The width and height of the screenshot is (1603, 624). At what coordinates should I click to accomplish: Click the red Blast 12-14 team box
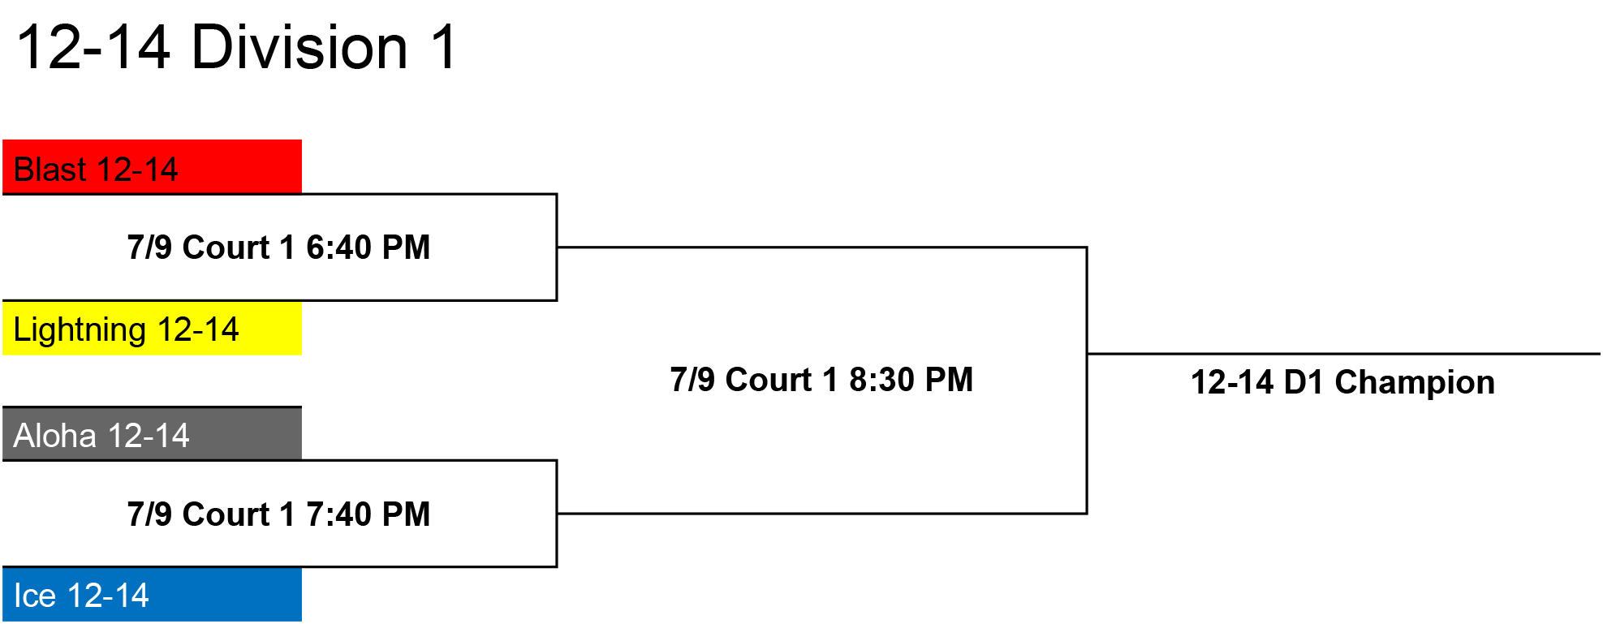(x=152, y=167)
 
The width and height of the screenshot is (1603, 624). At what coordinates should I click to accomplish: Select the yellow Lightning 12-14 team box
(x=152, y=328)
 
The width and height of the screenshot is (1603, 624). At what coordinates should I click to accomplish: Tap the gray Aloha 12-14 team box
(x=152, y=434)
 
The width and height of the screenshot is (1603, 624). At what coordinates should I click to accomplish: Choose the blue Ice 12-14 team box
(x=152, y=595)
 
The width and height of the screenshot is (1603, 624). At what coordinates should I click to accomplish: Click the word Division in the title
(x=299, y=46)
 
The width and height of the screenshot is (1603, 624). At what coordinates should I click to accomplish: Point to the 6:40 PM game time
(x=368, y=247)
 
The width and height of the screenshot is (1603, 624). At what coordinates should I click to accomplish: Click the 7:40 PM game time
(x=368, y=514)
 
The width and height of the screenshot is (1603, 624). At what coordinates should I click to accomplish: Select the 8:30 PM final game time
(x=911, y=379)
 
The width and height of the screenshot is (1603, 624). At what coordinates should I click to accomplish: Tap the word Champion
(x=1415, y=381)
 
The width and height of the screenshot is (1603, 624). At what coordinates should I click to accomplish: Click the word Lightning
(x=80, y=330)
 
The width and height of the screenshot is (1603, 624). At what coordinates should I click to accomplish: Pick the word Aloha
(x=55, y=436)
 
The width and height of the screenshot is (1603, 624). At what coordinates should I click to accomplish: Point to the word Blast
(x=50, y=170)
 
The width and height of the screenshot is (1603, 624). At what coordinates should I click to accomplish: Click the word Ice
(x=35, y=596)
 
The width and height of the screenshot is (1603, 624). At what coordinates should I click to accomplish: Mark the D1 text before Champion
(x=1304, y=381)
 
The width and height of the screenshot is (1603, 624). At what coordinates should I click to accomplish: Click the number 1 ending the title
(x=444, y=46)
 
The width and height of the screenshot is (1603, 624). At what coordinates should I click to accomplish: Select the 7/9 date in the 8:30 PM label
(x=692, y=379)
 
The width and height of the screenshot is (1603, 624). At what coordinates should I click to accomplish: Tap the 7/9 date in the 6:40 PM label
(x=149, y=247)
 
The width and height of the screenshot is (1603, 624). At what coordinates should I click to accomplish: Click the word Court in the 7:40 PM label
(x=226, y=514)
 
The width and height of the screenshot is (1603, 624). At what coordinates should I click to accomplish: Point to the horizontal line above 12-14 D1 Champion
(x=1344, y=354)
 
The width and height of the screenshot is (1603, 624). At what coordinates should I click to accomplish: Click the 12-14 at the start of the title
(x=93, y=46)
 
